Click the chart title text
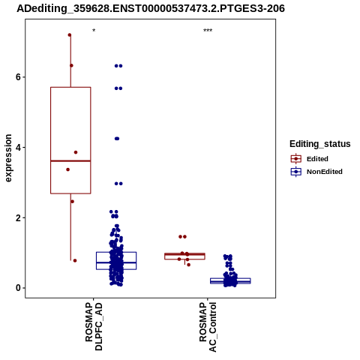pos(151,8)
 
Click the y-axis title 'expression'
pos(8,158)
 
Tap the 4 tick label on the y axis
pos(18,147)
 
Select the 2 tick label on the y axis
pos(18,217)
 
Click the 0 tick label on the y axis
pos(18,288)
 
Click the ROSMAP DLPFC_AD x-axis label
pos(94,326)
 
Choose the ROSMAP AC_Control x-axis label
pos(208,327)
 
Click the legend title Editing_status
pos(320,144)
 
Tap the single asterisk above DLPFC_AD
pos(94,31)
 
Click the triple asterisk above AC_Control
pos(208,31)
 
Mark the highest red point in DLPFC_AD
pos(70,35)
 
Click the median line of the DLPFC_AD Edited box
pos(70,160)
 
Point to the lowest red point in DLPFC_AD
pos(75,260)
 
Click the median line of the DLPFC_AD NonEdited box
pos(116,262)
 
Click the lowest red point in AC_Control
pos(188,265)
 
